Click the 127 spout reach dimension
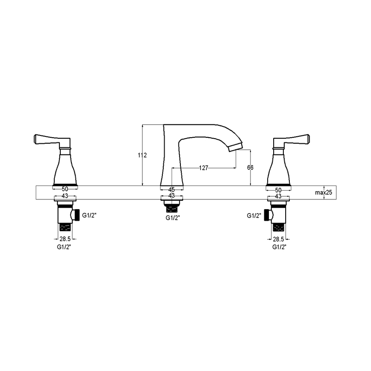[x=204, y=168]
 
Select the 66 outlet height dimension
[x=250, y=168]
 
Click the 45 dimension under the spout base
[x=172, y=190]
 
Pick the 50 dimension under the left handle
[x=65, y=190]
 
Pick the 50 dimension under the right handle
[x=279, y=190]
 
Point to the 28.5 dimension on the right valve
[x=278, y=239]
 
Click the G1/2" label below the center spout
[x=173, y=217]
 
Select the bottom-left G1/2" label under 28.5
[x=64, y=247]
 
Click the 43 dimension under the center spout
[x=172, y=196]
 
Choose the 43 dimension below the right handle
[x=279, y=196]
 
